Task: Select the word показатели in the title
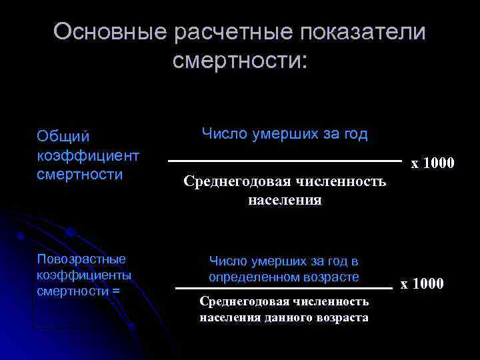coord(361,31)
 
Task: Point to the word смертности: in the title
coord(240,61)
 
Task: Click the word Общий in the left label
coord(63,137)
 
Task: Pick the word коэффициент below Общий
coord(88,155)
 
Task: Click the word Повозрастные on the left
coord(81,258)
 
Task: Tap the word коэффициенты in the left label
coord(84,274)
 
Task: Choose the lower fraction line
coord(284,288)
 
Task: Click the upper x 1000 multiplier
coord(432,163)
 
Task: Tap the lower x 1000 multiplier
coord(421,284)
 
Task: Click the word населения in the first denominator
coord(285,199)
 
